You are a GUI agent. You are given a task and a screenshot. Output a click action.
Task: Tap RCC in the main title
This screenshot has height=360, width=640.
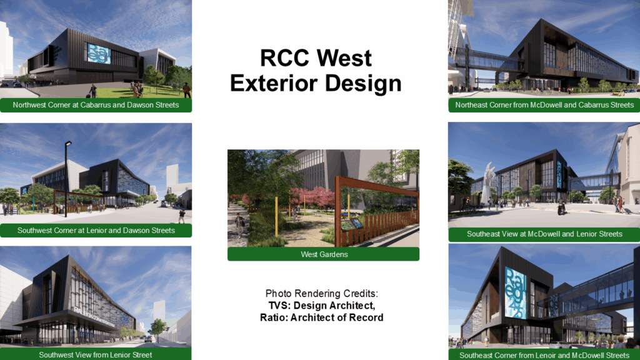point(284,58)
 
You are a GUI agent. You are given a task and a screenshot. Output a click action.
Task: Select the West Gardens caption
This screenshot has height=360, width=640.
point(323,254)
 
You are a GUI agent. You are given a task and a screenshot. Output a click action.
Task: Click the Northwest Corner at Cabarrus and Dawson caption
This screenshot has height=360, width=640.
point(96,105)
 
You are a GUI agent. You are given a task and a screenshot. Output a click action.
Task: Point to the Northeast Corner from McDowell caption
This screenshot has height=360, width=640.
point(544,105)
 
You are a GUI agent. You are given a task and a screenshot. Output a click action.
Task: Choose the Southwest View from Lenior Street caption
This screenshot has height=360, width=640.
point(96,354)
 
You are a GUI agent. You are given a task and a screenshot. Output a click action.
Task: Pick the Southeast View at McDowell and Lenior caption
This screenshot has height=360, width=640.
point(544,234)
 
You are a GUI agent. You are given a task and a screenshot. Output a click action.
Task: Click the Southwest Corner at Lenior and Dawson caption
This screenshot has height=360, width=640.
point(96,231)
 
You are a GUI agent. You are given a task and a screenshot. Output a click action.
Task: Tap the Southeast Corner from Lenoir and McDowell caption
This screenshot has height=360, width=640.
point(544,354)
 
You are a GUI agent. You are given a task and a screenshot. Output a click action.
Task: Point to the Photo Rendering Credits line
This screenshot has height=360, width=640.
point(322,294)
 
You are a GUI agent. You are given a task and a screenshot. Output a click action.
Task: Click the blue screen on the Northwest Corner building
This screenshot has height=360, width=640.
point(99,53)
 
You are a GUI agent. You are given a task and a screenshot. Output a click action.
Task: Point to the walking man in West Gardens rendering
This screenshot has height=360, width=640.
point(240,224)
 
